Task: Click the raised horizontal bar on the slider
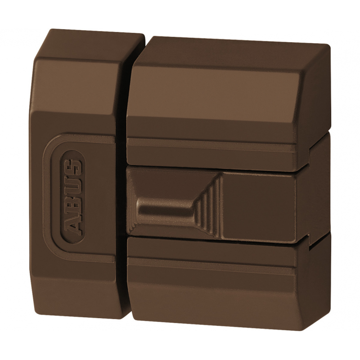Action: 165,210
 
